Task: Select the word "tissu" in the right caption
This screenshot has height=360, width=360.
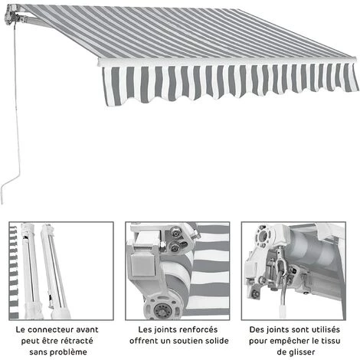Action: [x=338, y=340]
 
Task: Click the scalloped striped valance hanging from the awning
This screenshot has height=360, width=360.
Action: [x=230, y=83]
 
